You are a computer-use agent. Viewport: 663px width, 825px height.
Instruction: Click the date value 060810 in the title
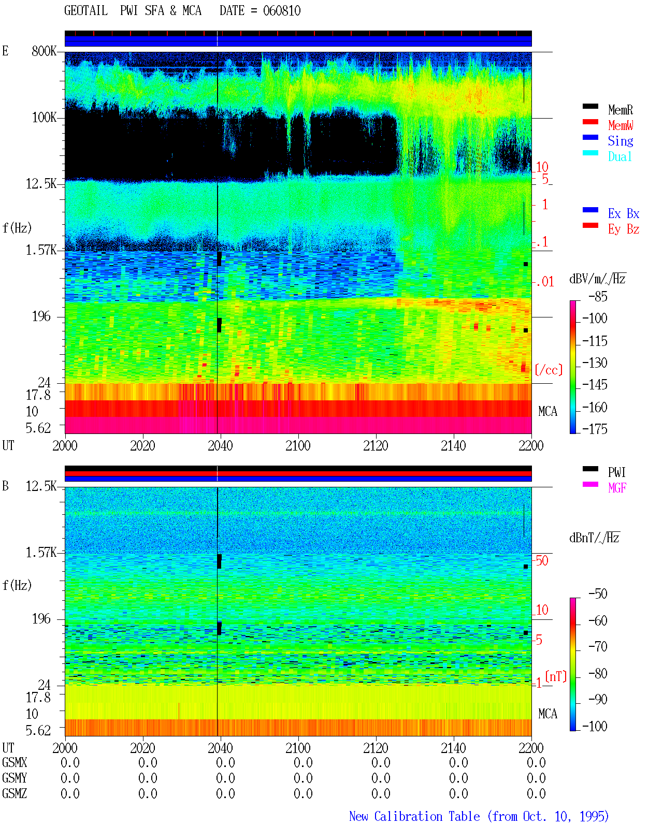coord(281,11)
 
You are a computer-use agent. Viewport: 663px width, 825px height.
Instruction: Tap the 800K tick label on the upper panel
coord(44,51)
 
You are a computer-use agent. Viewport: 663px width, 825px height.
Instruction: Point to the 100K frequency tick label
coord(44,118)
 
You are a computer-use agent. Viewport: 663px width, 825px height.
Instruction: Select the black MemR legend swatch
coord(590,106)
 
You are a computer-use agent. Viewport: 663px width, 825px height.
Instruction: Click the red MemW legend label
coord(621,125)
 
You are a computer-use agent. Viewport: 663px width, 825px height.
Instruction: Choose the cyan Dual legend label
coord(620,156)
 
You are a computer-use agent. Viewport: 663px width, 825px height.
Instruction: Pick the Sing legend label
coord(621,141)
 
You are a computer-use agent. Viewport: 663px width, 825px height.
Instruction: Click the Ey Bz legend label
coord(624,229)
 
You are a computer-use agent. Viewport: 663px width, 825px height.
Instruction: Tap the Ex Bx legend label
coord(624,213)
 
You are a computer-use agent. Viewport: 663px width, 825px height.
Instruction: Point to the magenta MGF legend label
coord(617,488)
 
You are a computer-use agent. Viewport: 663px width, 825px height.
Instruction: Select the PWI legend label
coord(616,472)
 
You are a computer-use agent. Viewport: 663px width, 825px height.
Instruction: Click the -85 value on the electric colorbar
coord(598,296)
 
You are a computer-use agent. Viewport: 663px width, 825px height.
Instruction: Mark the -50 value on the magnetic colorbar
coord(598,594)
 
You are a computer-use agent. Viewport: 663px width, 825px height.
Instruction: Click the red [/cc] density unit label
coord(549,370)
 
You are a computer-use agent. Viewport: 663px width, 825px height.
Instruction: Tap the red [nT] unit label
coord(556,676)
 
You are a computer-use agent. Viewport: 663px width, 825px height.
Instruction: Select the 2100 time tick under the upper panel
coord(298,445)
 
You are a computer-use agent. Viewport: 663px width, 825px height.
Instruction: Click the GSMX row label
coord(15,762)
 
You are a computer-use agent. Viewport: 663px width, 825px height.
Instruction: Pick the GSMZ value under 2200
coord(536,793)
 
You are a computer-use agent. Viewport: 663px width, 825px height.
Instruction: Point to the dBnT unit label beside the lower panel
coord(594,538)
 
